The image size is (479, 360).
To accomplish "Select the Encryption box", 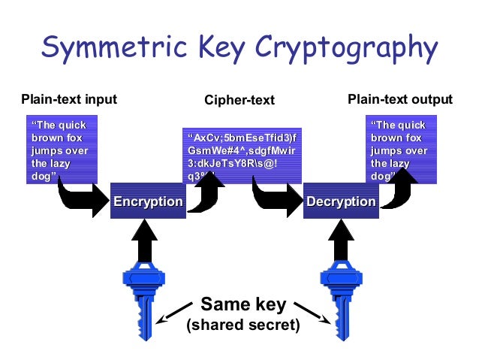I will coord(148,201).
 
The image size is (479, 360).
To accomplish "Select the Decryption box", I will coord(340,201).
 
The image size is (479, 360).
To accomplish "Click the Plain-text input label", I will coord(69,99).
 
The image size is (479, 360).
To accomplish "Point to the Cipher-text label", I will coord(239,100).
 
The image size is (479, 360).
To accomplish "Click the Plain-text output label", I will coord(400,99).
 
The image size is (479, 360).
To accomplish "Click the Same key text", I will coord(243,304).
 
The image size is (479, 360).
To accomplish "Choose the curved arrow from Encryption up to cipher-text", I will coord(206,192).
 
